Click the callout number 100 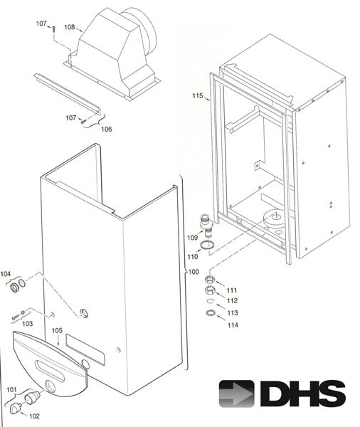[193, 273]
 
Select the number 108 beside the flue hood [70, 28]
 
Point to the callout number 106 [106, 129]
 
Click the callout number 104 [6, 273]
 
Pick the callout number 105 [58, 331]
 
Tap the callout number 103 [27, 324]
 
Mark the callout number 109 [192, 237]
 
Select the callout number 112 [232, 301]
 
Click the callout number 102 [34, 416]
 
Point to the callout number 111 [232, 290]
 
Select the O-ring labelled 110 [207, 246]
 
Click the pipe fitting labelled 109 [206, 226]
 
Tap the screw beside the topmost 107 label [53, 28]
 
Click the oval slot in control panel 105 [49, 368]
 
